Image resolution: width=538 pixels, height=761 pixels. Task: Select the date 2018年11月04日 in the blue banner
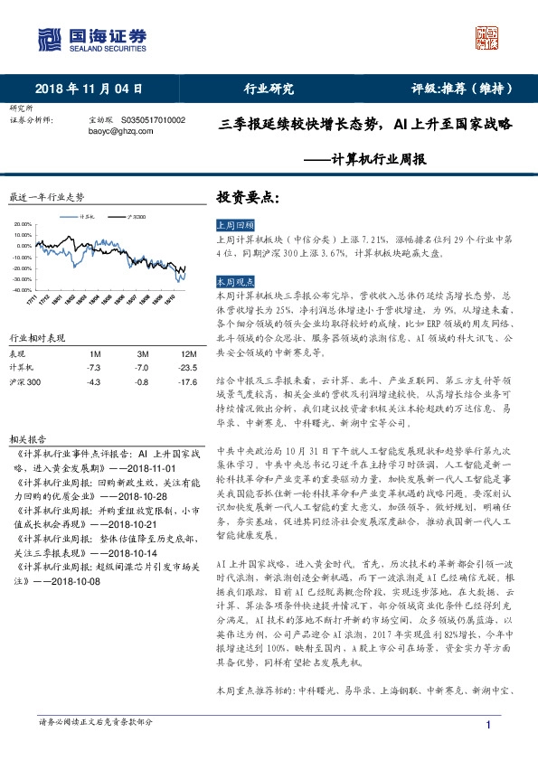88,89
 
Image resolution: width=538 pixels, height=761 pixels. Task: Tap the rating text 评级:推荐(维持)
462,89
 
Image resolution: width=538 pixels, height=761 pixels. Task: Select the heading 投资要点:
247,196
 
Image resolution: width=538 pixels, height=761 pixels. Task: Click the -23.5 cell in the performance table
188,368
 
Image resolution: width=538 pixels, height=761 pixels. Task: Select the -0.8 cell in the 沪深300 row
141,383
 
